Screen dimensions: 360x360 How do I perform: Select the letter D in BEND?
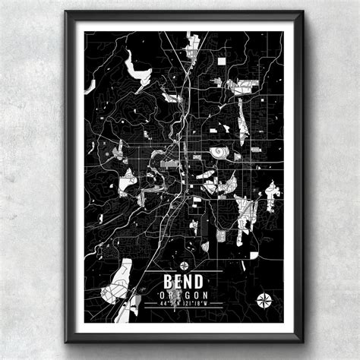[198, 280]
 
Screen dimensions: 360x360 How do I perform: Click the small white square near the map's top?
[222, 61]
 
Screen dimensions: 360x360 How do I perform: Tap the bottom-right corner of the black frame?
[302, 341]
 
